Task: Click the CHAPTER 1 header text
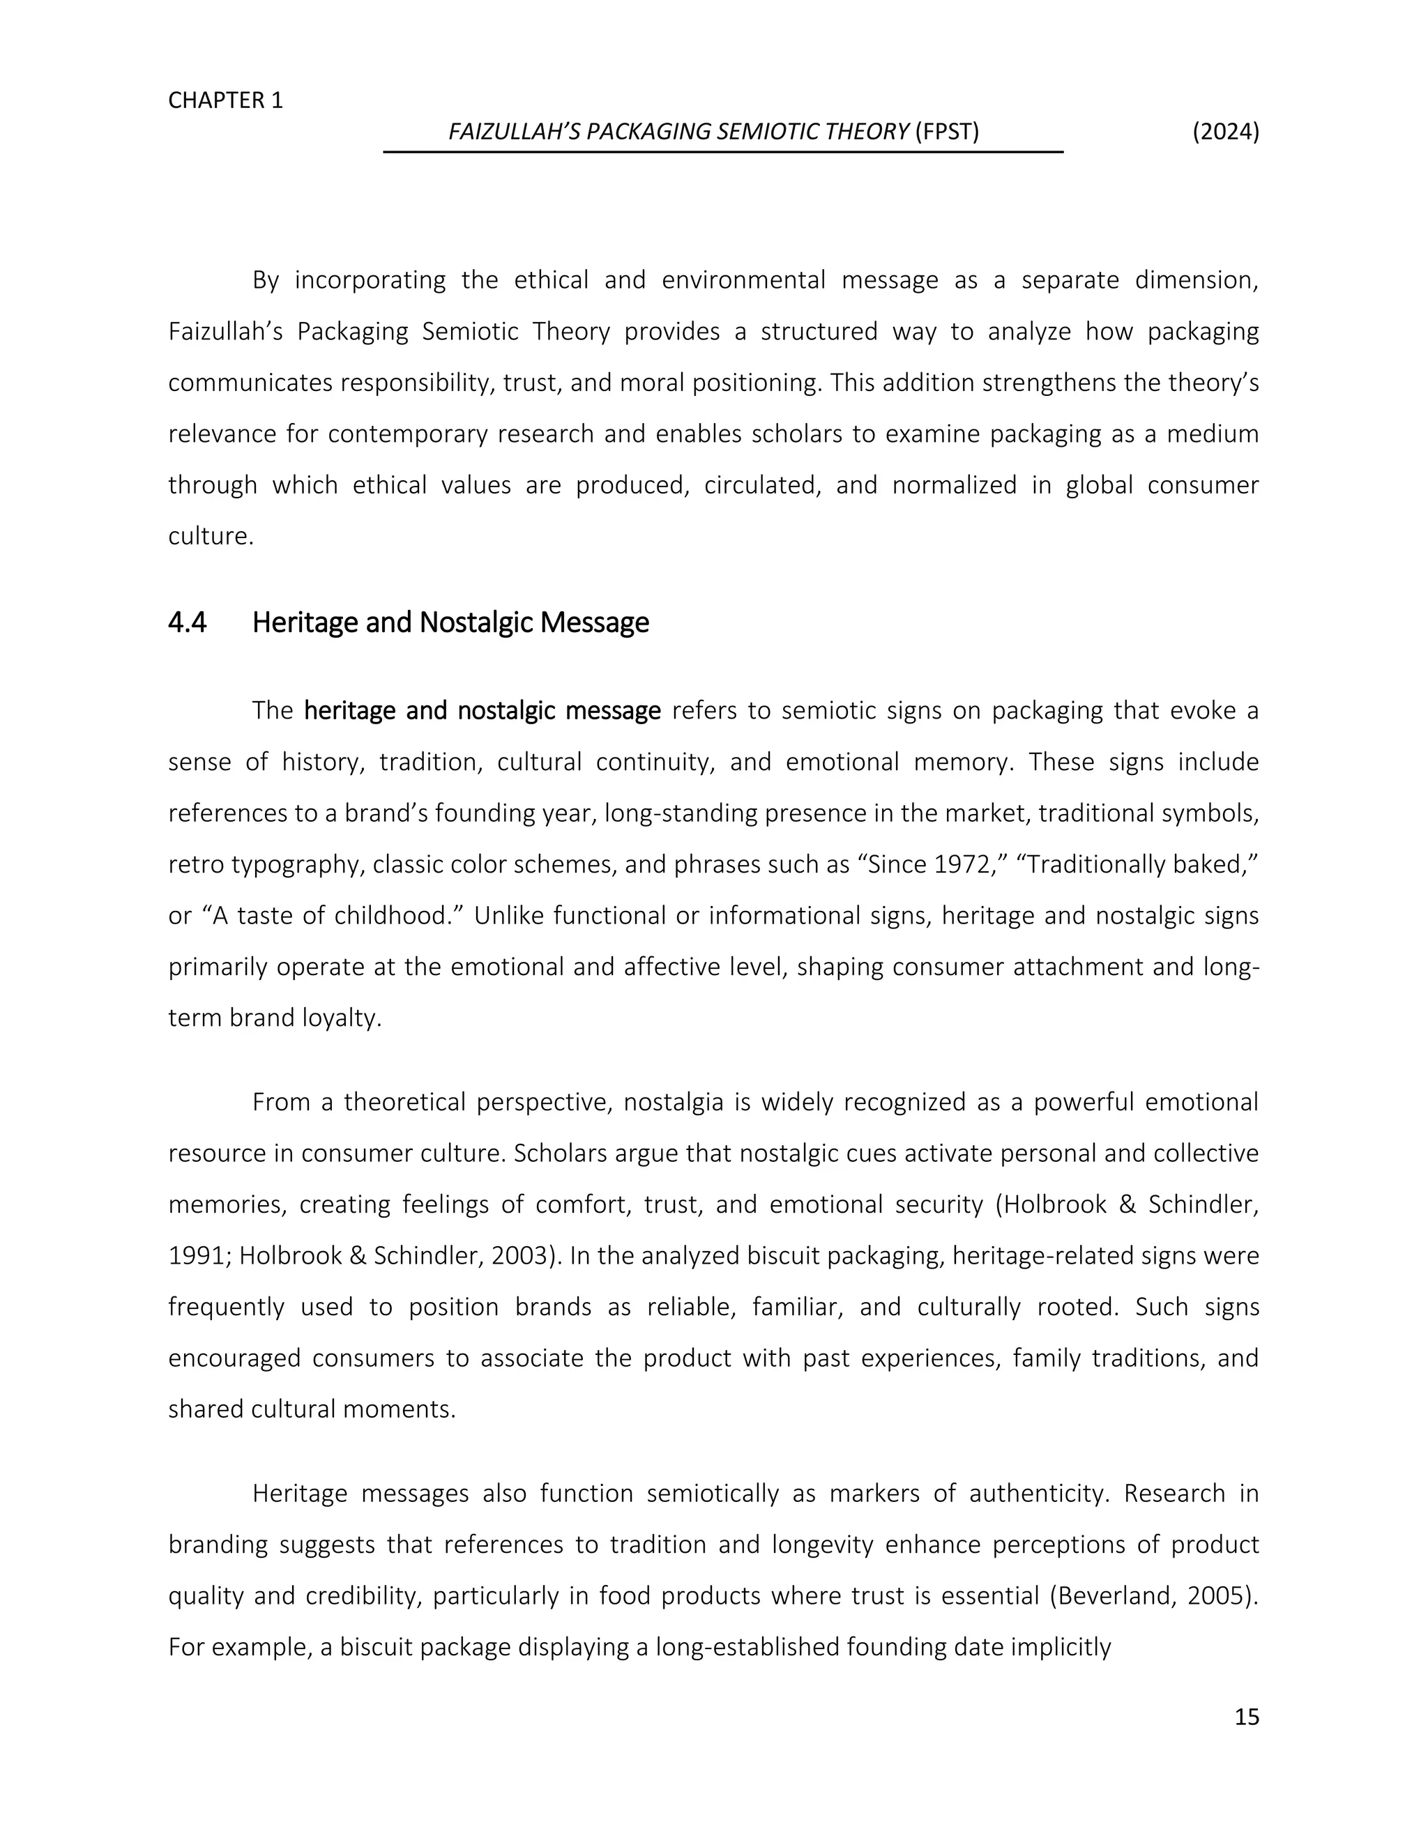pyautogui.click(x=225, y=100)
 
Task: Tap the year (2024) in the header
pyautogui.click(x=1225, y=132)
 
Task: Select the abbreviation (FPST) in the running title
pyautogui.click(x=947, y=132)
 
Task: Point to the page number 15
pyautogui.click(x=1246, y=1717)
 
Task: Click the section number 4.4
pyautogui.click(x=187, y=622)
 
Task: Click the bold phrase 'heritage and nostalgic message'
pyautogui.click(x=483, y=710)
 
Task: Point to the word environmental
pyautogui.click(x=743, y=281)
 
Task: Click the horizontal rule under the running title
pyautogui.click(x=722, y=152)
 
